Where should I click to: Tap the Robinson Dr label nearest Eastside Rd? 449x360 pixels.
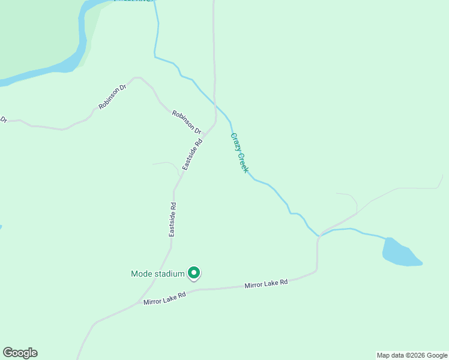[187, 121]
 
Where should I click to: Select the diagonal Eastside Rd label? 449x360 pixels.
[193, 154]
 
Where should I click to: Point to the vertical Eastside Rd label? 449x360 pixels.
[172, 219]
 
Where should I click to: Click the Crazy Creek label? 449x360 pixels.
[240, 153]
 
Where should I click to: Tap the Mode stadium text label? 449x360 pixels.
[157, 274]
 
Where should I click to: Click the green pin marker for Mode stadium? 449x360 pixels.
[193, 273]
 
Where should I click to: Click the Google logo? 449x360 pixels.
[20, 353]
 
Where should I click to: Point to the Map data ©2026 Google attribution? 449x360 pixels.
[412, 355]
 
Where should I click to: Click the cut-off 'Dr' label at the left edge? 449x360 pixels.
[3, 120]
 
